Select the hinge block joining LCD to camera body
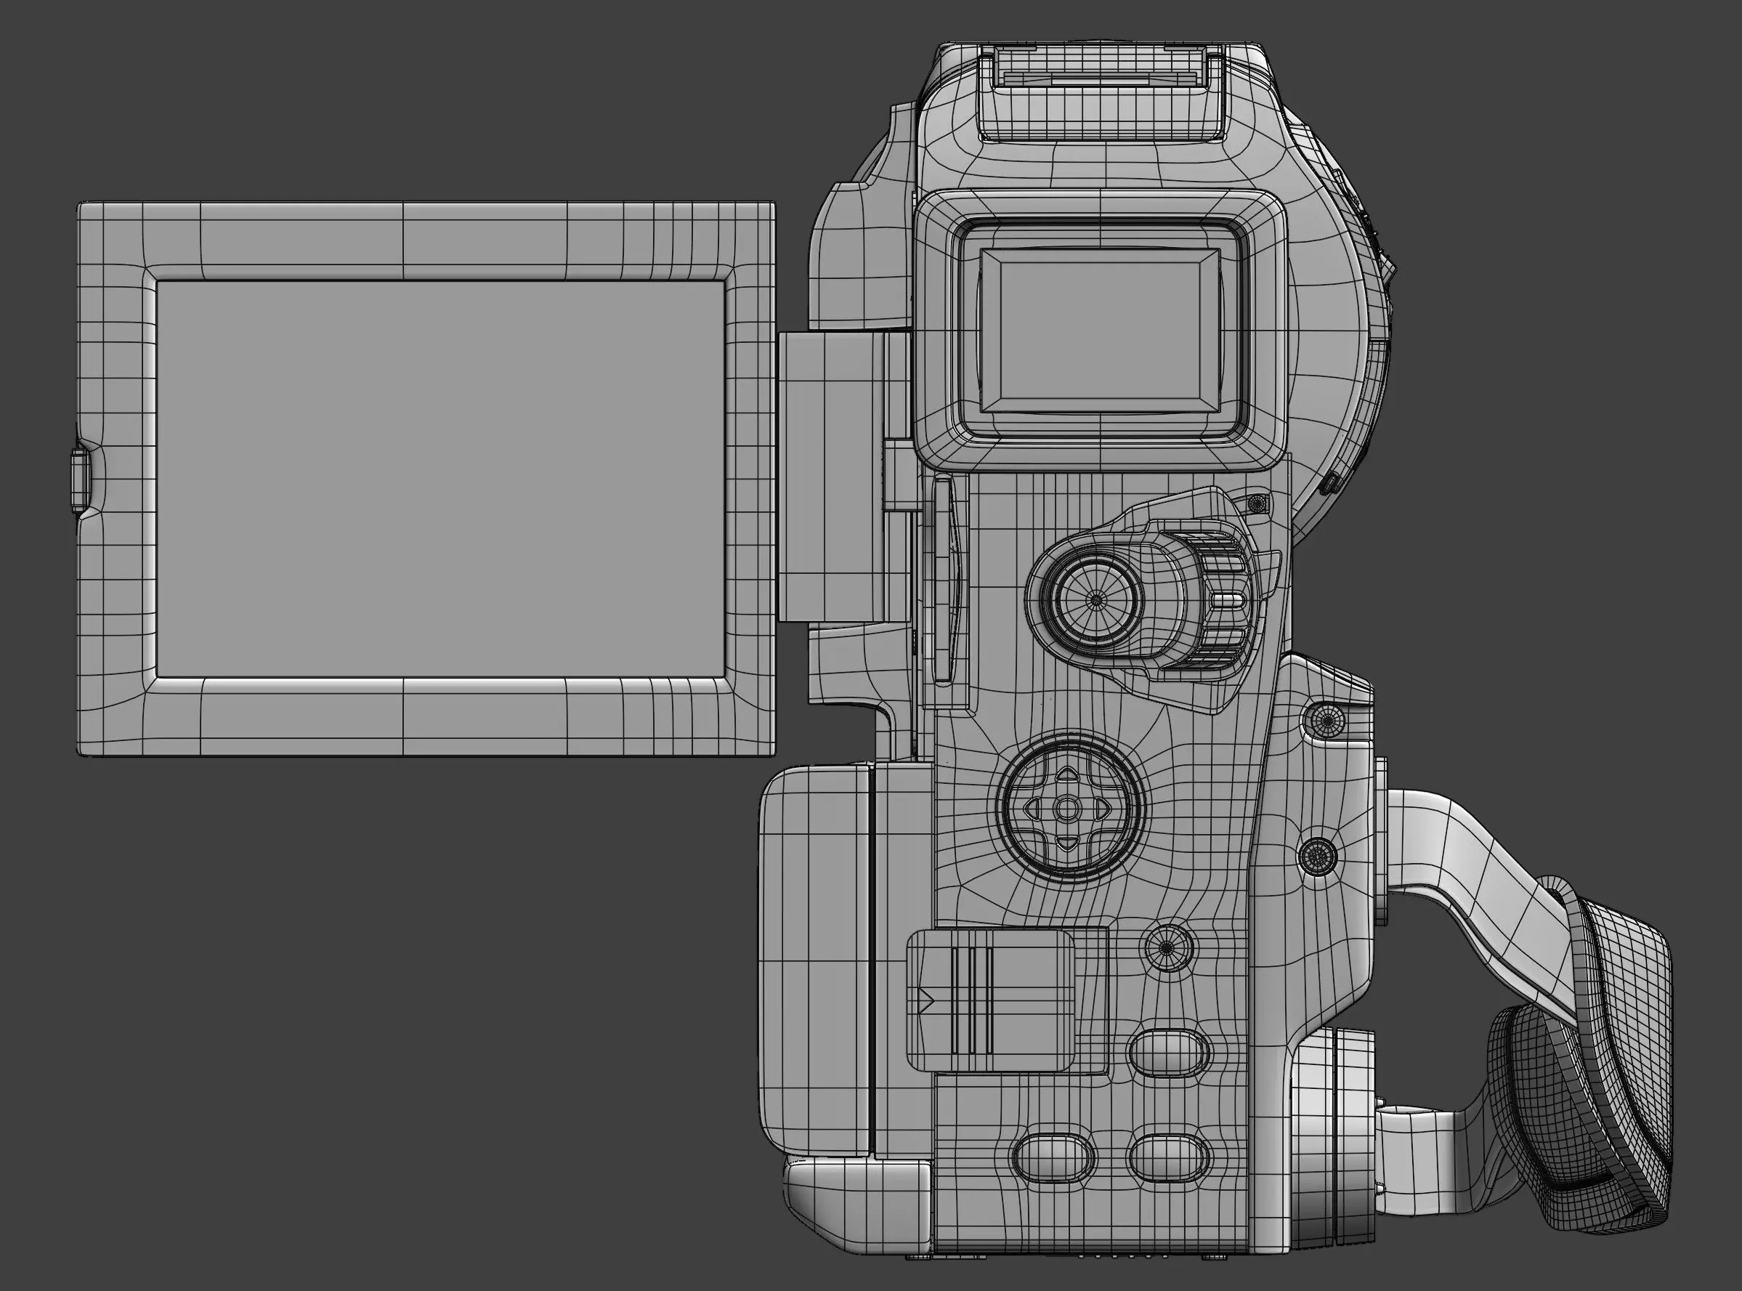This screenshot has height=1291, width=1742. [x=832, y=477]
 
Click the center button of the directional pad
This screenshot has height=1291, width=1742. [x=1066, y=809]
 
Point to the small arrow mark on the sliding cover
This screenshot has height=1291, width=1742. [x=928, y=1000]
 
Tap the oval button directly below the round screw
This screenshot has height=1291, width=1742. [x=1169, y=1051]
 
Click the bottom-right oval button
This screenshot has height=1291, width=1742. [x=1169, y=1157]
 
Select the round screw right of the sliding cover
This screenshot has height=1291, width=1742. [x=1168, y=947]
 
